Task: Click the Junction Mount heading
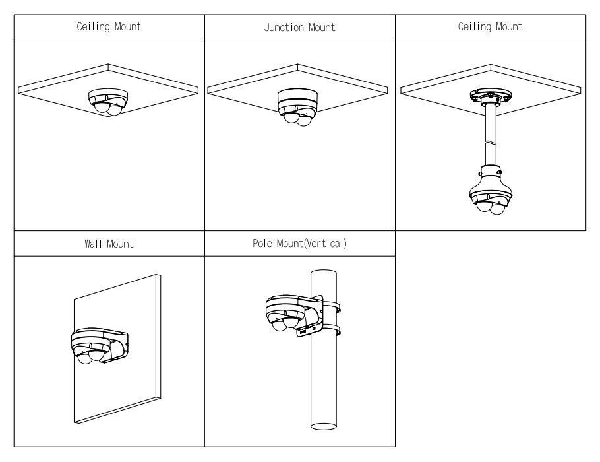pos(299,27)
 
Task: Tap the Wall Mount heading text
pos(109,244)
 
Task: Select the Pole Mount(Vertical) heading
pos(299,244)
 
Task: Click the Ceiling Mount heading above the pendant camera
pos(490,27)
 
